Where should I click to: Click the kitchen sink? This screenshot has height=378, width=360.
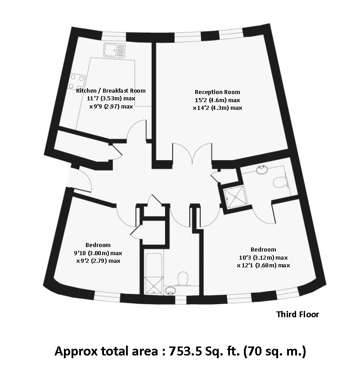click(x=110, y=49)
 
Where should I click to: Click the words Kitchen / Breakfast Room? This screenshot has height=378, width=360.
click(x=111, y=90)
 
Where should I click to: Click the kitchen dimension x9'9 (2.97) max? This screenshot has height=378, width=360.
click(x=111, y=107)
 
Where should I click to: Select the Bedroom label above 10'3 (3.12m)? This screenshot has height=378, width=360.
click(x=263, y=249)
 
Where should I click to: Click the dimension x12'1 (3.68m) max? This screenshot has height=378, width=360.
click(x=263, y=265)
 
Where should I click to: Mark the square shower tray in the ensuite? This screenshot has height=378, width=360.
click(x=234, y=196)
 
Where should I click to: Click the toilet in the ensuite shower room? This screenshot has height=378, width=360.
click(x=280, y=182)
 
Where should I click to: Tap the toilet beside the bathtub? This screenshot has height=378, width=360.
click(x=183, y=279)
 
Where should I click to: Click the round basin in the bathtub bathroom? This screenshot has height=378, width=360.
click(x=170, y=290)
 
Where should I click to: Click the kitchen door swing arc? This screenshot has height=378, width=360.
click(x=137, y=130)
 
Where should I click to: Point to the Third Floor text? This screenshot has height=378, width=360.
click(x=297, y=315)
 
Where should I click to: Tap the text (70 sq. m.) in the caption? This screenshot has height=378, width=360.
click(x=274, y=351)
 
